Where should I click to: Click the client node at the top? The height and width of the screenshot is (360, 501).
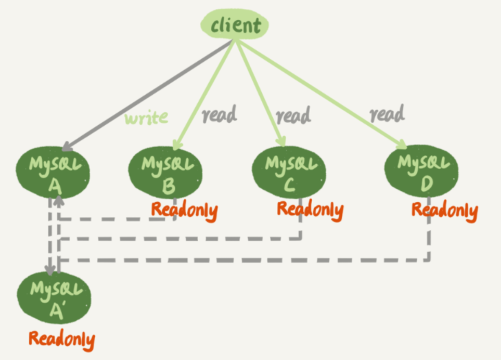pos(235,25)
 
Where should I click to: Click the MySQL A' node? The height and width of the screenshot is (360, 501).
pos(54,297)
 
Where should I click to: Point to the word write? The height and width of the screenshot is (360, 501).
pos(146,117)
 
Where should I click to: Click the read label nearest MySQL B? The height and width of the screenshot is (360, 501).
pos(219,114)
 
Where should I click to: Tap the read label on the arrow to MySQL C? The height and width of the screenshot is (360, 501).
pos(291,115)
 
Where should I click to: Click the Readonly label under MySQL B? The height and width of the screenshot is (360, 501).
pos(184,211)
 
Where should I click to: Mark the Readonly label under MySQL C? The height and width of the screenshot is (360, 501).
pos(309,210)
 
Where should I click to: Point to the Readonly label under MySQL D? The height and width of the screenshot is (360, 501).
pos(444,210)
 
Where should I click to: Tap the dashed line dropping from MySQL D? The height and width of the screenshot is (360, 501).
pos(430,240)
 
